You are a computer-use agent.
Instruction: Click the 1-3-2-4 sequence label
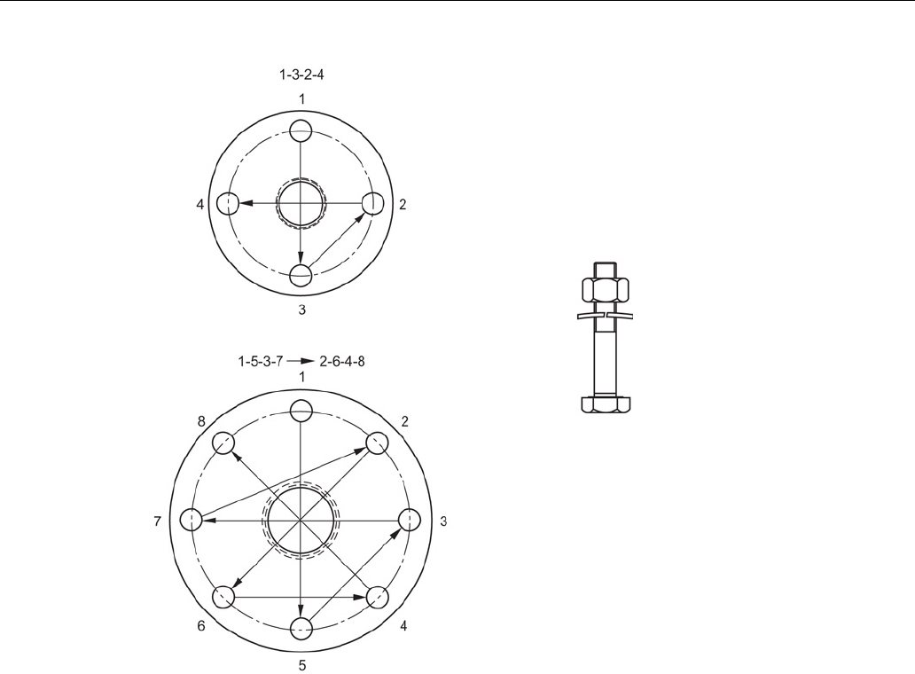coord(301,74)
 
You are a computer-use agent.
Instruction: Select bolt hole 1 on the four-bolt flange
coord(301,130)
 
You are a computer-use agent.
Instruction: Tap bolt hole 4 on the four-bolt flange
coord(228,204)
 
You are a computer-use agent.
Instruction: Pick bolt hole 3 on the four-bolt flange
coord(301,276)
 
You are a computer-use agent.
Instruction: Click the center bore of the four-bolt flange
coord(301,203)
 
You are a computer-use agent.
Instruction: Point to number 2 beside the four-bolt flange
coord(403,204)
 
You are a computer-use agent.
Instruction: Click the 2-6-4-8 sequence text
coord(342,361)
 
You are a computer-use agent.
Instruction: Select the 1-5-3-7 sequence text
coord(261,361)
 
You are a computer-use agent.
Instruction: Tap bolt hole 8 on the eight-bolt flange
coord(223,443)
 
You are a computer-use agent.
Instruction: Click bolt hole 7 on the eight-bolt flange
coord(192,520)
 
